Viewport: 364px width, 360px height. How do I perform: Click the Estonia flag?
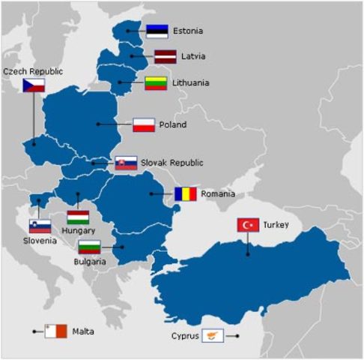[157, 31]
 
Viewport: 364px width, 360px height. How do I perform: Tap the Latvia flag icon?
[166, 56]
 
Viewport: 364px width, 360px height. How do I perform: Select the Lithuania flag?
[155, 82]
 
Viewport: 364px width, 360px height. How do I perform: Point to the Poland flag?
[144, 124]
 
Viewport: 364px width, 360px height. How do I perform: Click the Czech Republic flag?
[34, 85]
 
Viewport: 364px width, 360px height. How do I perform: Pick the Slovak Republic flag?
[126, 163]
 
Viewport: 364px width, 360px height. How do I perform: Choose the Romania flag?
[185, 193]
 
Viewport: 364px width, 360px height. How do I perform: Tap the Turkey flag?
[248, 225]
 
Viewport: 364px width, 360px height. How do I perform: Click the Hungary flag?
[78, 217]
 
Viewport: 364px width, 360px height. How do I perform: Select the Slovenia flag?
[40, 226]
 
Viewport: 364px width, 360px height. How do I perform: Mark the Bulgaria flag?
[89, 246]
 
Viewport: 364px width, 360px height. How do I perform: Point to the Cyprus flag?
[214, 337]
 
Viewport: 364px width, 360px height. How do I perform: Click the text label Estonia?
[187, 31]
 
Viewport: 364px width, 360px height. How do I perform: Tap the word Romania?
[218, 194]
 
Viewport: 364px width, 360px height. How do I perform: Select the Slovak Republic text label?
[172, 163]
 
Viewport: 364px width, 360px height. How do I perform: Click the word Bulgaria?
[91, 262]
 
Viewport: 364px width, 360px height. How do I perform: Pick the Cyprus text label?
[186, 337]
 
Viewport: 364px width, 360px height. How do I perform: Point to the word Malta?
[84, 331]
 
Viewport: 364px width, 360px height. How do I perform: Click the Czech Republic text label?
[33, 70]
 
